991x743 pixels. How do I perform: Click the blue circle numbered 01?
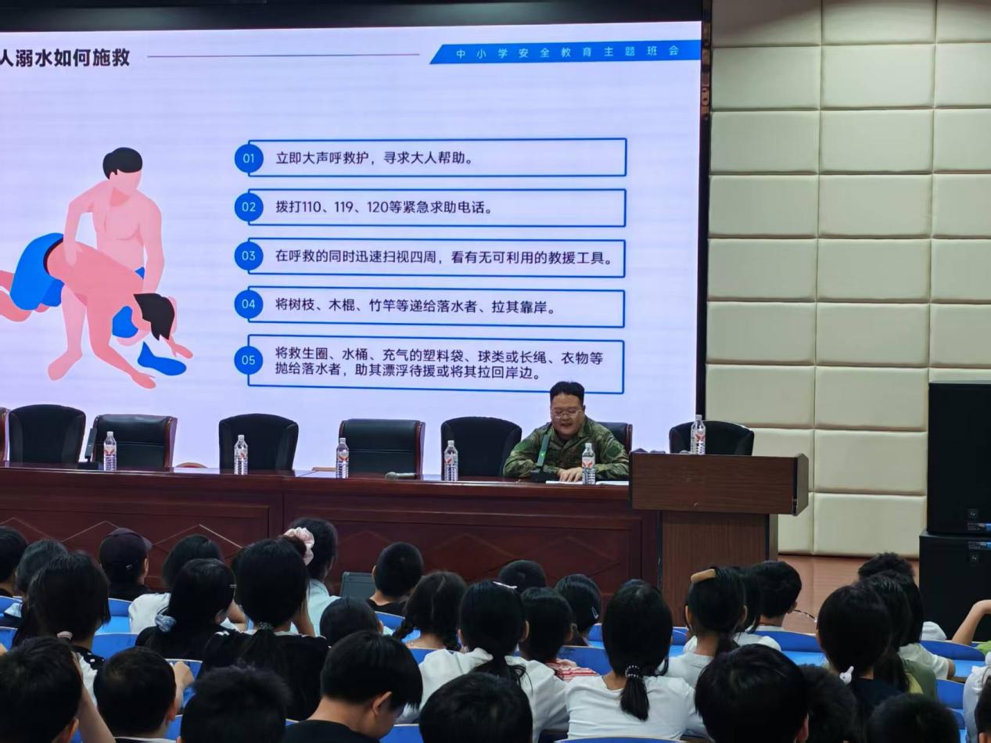[x=249, y=159]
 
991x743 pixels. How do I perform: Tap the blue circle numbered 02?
[x=249, y=207]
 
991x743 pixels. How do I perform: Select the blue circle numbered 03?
[x=248, y=256]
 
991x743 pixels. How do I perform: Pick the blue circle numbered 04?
[x=248, y=304]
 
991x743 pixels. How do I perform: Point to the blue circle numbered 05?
[x=248, y=361]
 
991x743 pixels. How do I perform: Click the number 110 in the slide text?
[x=311, y=207]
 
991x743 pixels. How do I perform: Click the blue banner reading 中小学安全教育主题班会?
[x=565, y=52]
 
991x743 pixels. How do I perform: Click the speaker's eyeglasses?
[x=566, y=411]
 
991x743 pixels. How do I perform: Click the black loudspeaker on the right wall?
[x=959, y=458]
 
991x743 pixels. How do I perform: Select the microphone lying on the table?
[x=400, y=476]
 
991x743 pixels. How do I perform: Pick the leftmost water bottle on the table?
[x=110, y=451]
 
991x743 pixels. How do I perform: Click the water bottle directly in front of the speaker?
[x=588, y=464]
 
